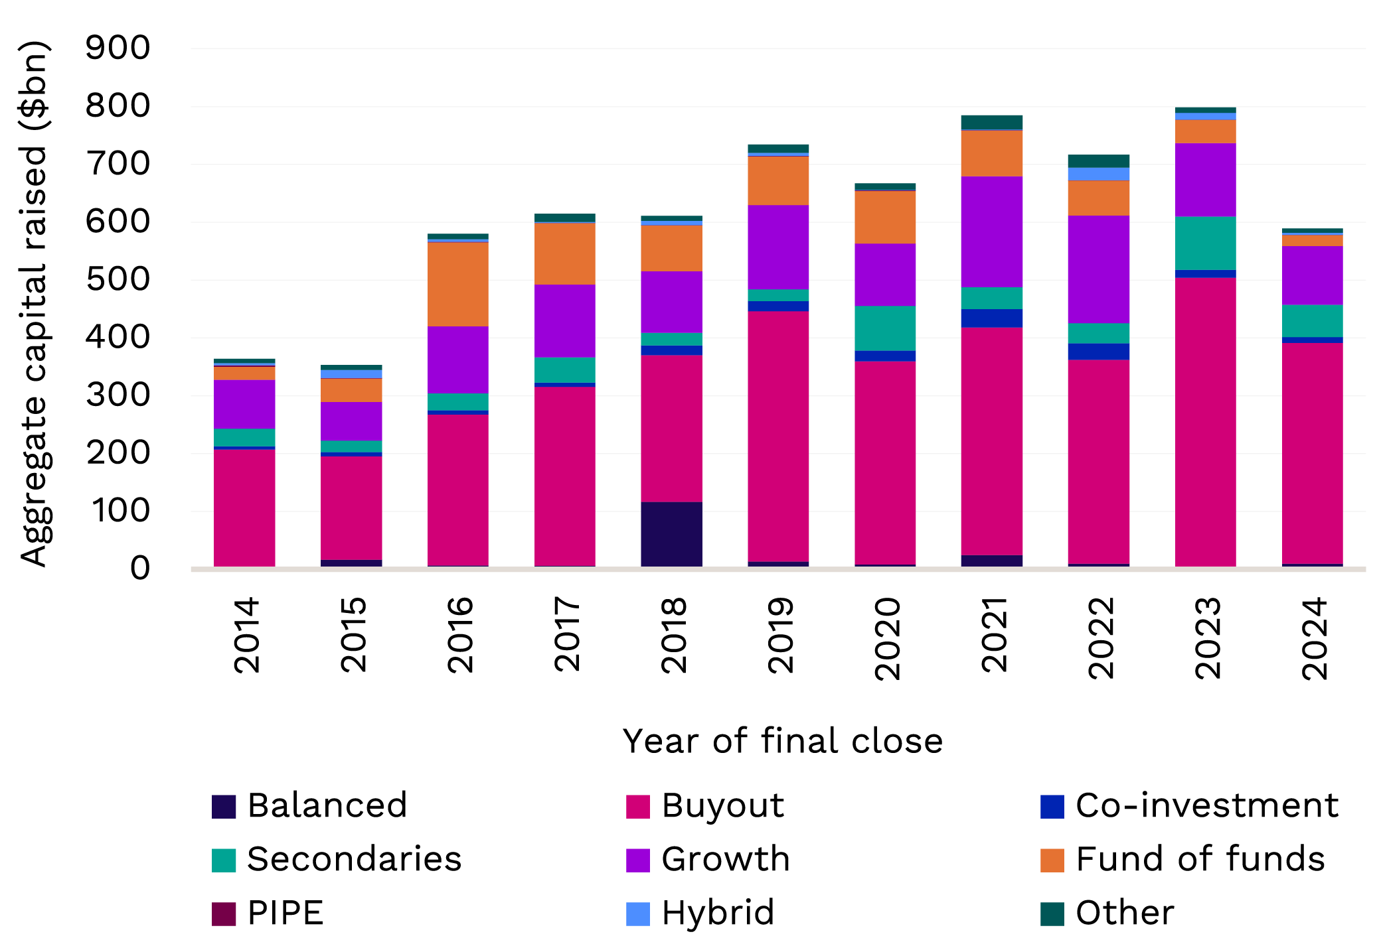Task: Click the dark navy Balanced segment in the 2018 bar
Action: pos(671,534)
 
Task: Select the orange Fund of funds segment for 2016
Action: pos(458,284)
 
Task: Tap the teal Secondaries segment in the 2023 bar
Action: pos(1205,243)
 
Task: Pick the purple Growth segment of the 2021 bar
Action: pos(991,232)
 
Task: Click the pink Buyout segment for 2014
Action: pos(244,508)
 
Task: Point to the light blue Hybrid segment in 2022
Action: pos(1098,174)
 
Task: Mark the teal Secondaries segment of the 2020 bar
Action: pos(885,328)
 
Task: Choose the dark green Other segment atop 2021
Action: pos(991,122)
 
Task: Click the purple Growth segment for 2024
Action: pos(1312,275)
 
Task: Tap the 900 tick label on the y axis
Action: pos(118,48)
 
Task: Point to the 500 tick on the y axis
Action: pos(118,280)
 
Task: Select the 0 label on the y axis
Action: pos(139,569)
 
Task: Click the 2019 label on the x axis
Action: pos(780,636)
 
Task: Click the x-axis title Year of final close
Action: pos(782,741)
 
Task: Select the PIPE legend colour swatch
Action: pos(224,914)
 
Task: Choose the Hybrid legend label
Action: pos(718,914)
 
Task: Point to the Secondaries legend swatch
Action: pos(224,860)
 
